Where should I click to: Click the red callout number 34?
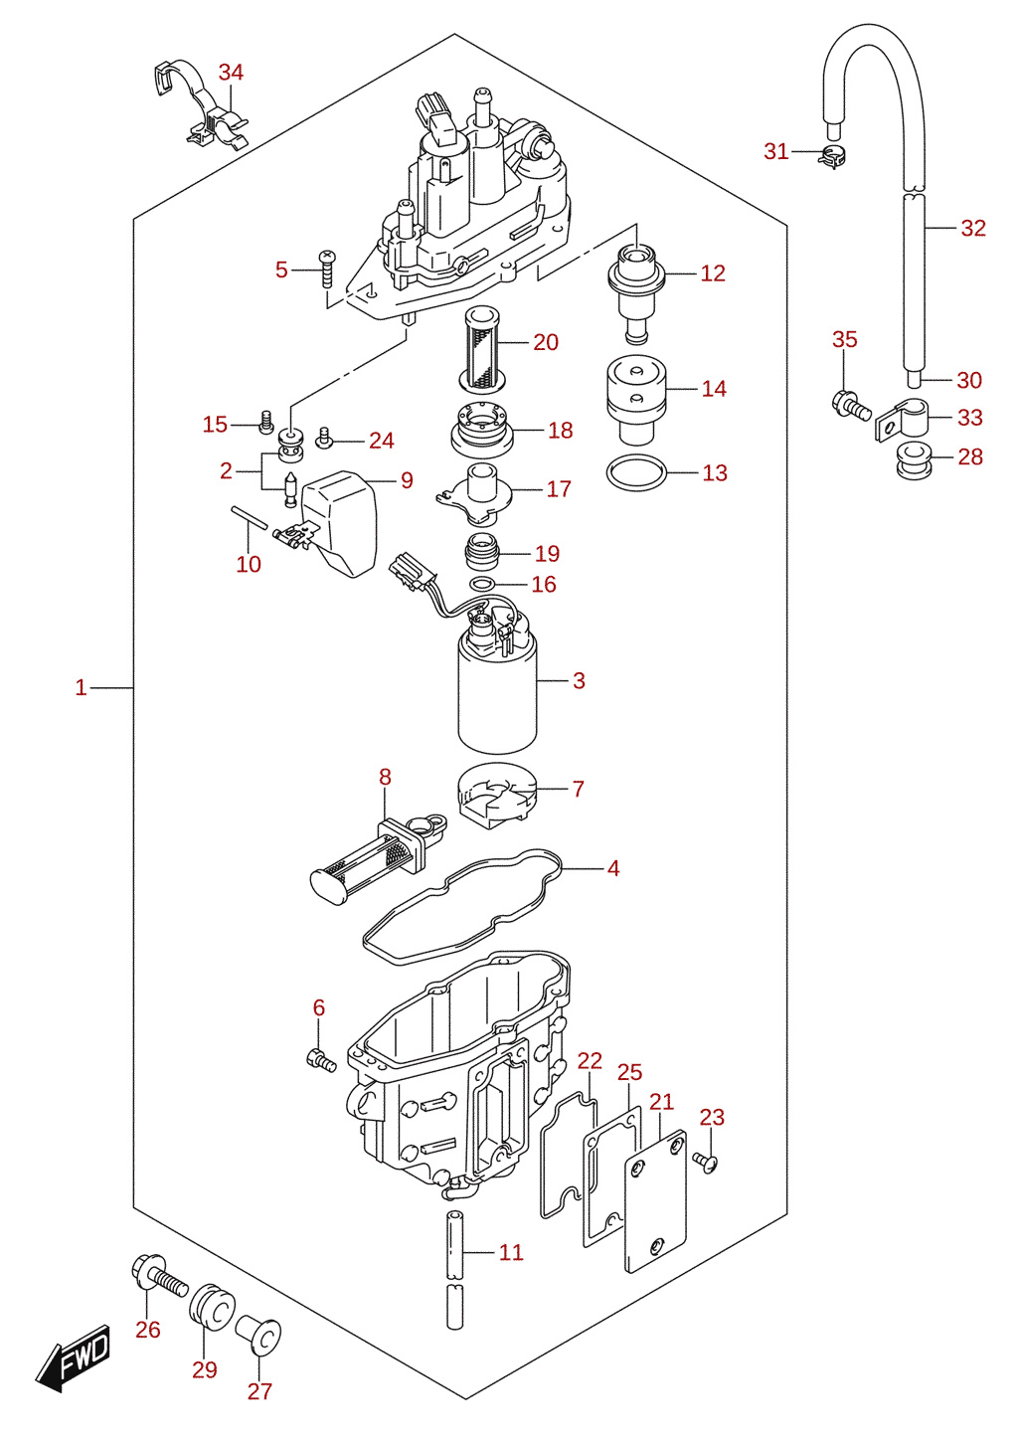pyautogui.click(x=231, y=73)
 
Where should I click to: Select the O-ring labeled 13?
pyautogui.click(x=636, y=473)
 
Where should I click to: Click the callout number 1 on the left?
pyautogui.click(x=81, y=687)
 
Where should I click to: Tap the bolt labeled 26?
pyautogui.click(x=159, y=1273)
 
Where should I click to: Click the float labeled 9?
pyautogui.click(x=338, y=523)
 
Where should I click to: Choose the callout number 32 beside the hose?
pyautogui.click(x=973, y=228)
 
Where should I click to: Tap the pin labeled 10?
pyautogui.click(x=249, y=517)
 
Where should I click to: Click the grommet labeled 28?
pyautogui.click(x=914, y=461)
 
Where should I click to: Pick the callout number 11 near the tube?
pyautogui.click(x=510, y=1252)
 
